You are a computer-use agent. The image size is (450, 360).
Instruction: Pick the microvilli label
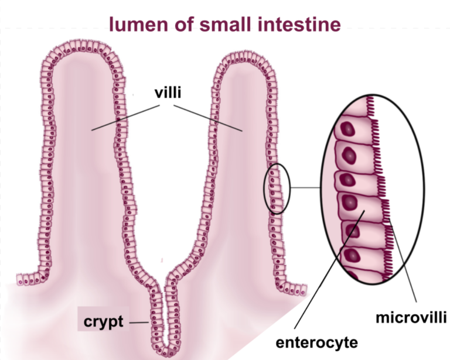click(x=411, y=318)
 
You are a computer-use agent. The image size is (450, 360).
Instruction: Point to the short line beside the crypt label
click(x=138, y=323)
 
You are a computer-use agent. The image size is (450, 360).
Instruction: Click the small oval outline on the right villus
click(x=277, y=188)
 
